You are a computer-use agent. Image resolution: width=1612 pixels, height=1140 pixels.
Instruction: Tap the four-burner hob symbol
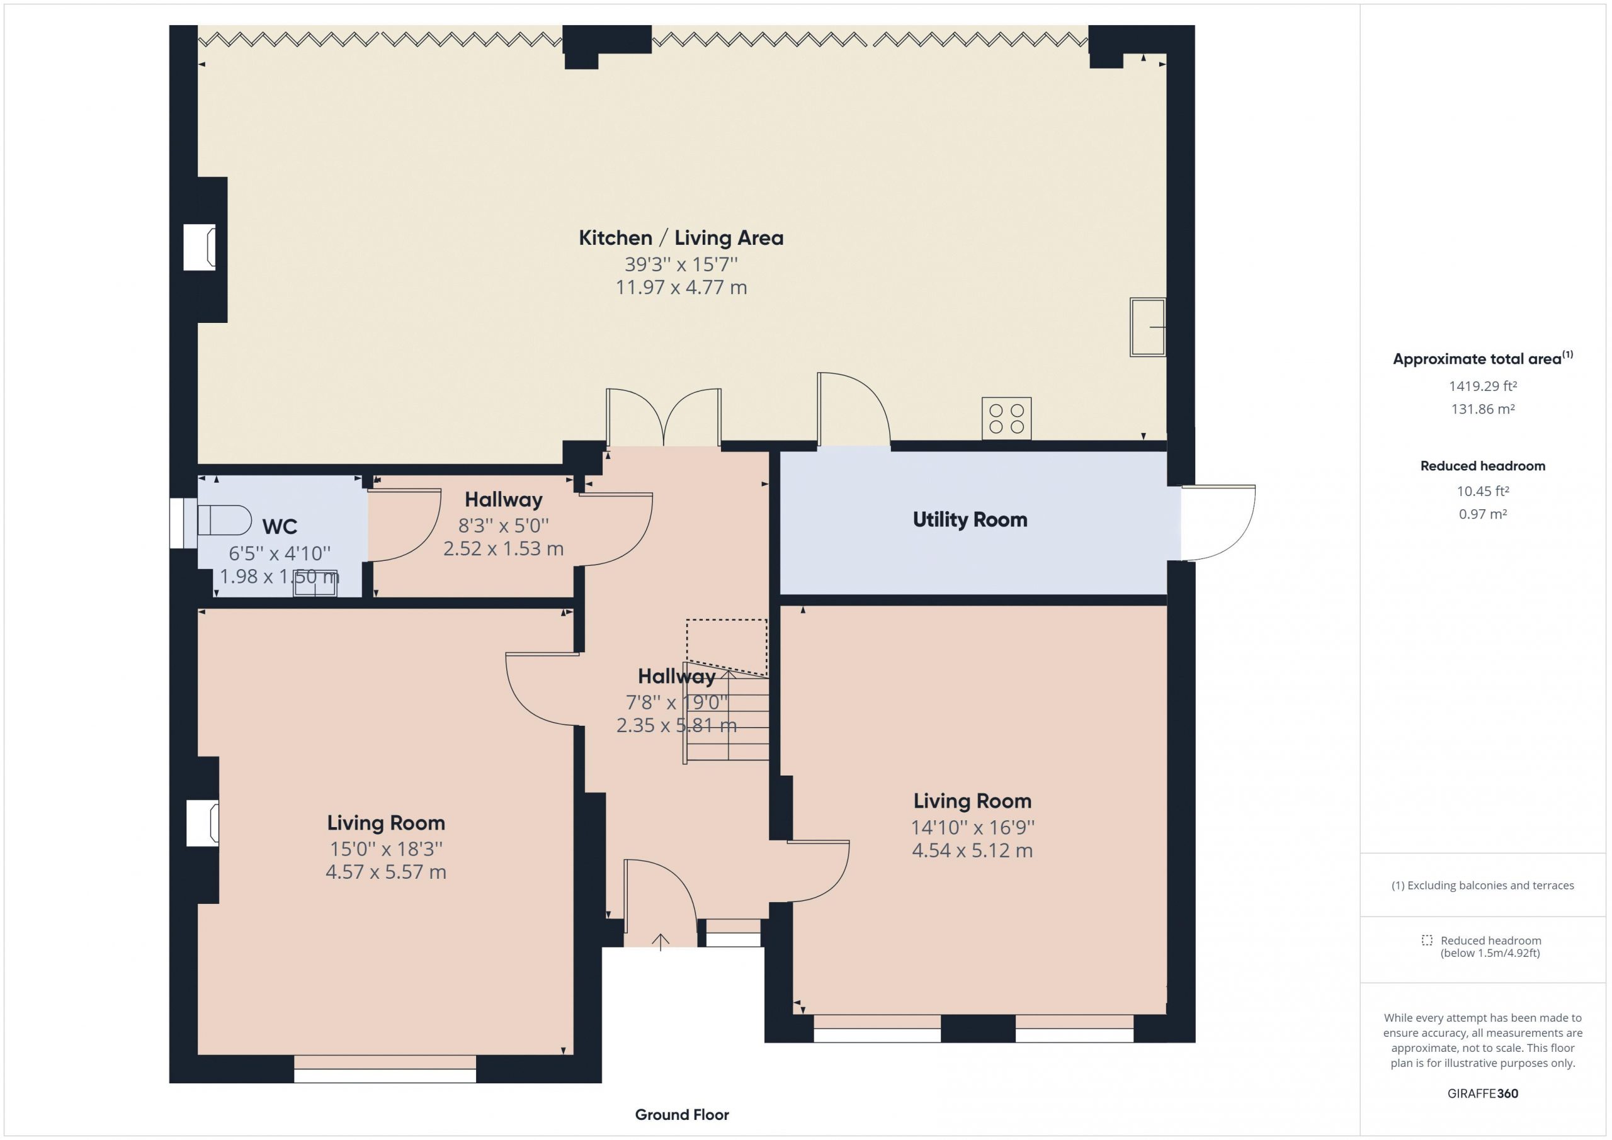pyautogui.click(x=1006, y=419)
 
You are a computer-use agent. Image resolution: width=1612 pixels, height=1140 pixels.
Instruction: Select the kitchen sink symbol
pyautogui.click(x=1147, y=327)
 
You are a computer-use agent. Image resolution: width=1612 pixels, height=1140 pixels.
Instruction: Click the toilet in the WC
pyautogui.click(x=224, y=520)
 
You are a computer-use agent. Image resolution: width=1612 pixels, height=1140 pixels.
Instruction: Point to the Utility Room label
pyautogui.click(x=970, y=519)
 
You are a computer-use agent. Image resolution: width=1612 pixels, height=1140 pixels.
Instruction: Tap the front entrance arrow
pyautogui.click(x=660, y=941)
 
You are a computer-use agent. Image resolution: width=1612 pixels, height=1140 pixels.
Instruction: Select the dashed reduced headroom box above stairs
pyautogui.click(x=727, y=647)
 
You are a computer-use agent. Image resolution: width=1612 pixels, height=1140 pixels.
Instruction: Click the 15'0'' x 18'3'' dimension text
pyautogui.click(x=386, y=849)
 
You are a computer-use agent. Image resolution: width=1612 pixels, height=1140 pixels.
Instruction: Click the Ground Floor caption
pyautogui.click(x=682, y=1114)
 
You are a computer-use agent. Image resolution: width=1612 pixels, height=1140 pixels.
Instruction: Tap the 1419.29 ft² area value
pyautogui.click(x=1483, y=385)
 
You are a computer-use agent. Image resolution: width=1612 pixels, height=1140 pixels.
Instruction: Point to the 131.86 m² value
pyautogui.click(x=1483, y=409)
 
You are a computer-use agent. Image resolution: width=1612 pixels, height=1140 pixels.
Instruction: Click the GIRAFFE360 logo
pyautogui.click(x=1483, y=1093)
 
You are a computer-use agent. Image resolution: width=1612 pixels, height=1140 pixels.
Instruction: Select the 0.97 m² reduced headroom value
pyautogui.click(x=1483, y=514)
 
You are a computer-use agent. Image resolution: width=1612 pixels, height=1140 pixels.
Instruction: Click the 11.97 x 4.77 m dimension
pyautogui.click(x=681, y=287)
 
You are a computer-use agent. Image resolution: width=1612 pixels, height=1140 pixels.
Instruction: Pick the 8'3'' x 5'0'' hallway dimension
pyautogui.click(x=503, y=525)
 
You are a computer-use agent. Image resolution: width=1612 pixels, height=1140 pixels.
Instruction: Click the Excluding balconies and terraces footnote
pyautogui.click(x=1483, y=885)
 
